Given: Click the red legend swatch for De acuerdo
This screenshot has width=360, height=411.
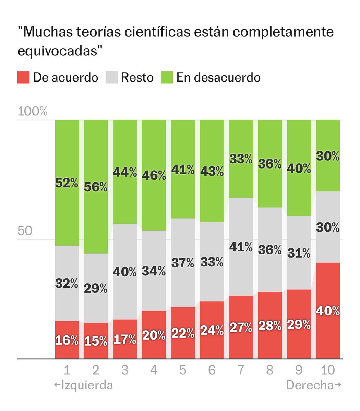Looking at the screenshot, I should [x=23, y=77].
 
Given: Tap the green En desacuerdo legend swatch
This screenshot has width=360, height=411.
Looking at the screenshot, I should [x=167, y=77].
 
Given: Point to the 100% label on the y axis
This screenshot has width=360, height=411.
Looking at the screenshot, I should [x=33, y=112].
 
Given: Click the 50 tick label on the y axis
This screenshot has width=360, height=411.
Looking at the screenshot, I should [x=25, y=231].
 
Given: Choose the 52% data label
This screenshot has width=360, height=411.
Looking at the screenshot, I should [x=67, y=183].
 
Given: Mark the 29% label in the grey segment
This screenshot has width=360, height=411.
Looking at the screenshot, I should [x=96, y=289].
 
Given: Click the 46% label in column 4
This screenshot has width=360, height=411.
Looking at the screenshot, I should [x=154, y=176].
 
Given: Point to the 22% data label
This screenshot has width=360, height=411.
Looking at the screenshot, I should [x=183, y=333].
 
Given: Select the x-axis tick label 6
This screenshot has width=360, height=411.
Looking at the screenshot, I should [x=212, y=370].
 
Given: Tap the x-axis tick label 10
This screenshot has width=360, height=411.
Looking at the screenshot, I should [x=328, y=370].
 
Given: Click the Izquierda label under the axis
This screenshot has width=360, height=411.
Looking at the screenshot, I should [x=84, y=385].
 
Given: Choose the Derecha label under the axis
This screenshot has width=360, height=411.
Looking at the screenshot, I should [x=314, y=385].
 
